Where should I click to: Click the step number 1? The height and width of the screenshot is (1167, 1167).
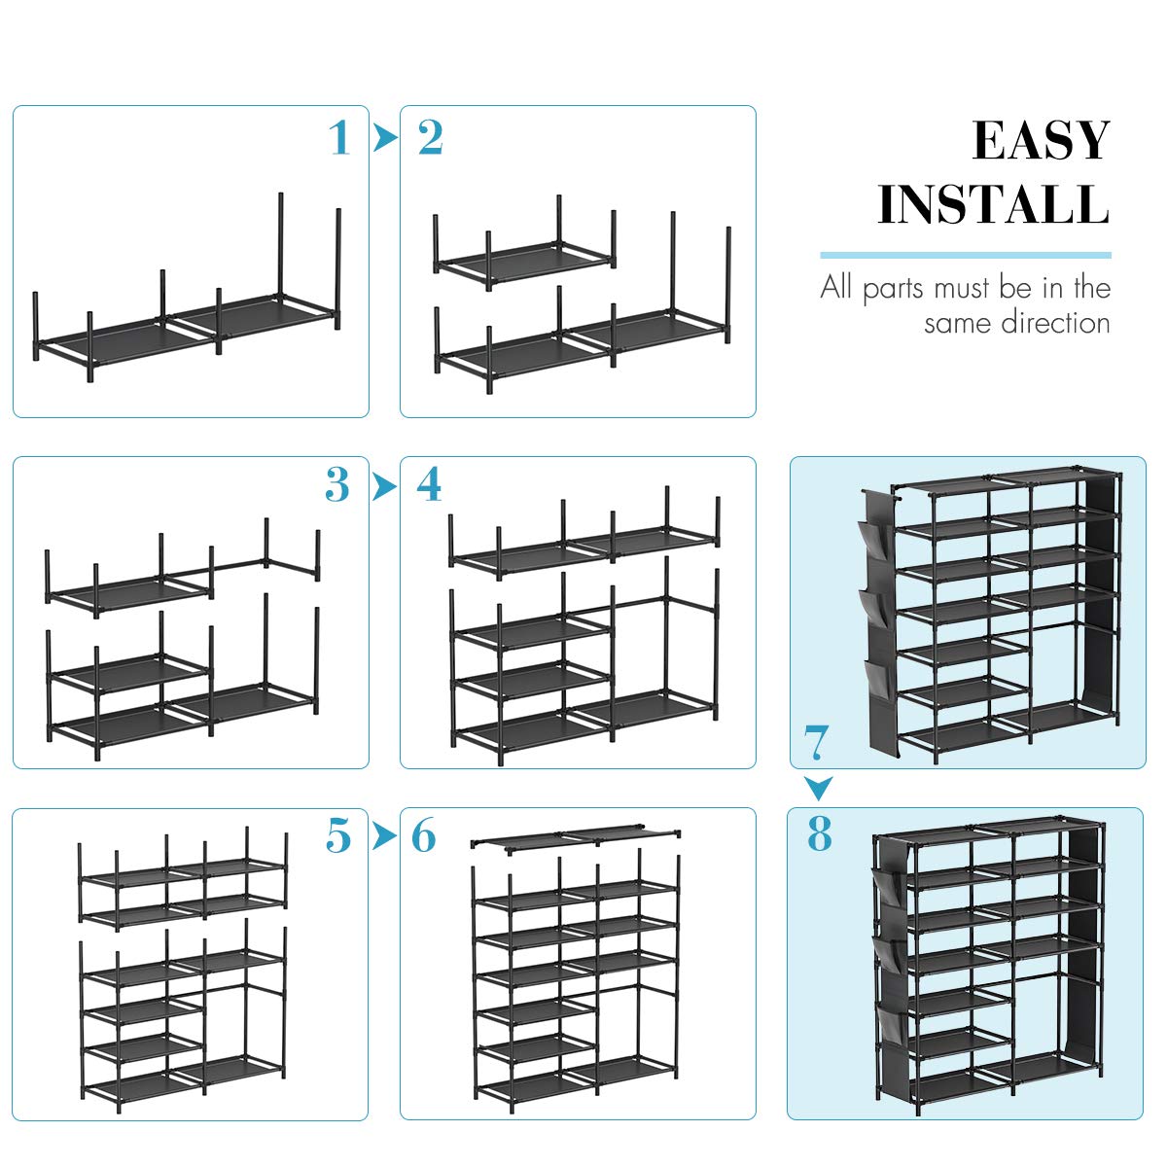pyautogui.click(x=338, y=138)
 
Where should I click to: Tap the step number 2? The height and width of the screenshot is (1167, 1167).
pyautogui.click(x=431, y=138)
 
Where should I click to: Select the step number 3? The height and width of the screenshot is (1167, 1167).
pyautogui.click(x=337, y=484)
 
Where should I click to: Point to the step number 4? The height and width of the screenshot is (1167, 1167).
pyautogui.click(x=429, y=484)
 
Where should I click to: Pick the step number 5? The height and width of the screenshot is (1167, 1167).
pyautogui.click(x=338, y=835)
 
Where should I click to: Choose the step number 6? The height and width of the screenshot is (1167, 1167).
pyautogui.click(x=424, y=835)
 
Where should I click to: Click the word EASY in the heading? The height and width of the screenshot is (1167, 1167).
pyautogui.click(x=1041, y=142)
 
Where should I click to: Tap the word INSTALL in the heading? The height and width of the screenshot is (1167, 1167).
pyautogui.click(x=993, y=204)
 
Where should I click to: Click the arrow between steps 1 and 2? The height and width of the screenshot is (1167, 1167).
pyautogui.click(x=385, y=138)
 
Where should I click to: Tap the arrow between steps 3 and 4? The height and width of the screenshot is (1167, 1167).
pyautogui.click(x=385, y=485)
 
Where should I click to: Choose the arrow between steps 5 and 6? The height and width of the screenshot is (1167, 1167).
pyautogui.click(x=385, y=835)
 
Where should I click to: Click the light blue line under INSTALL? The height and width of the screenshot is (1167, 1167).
pyautogui.click(x=965, y=255)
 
